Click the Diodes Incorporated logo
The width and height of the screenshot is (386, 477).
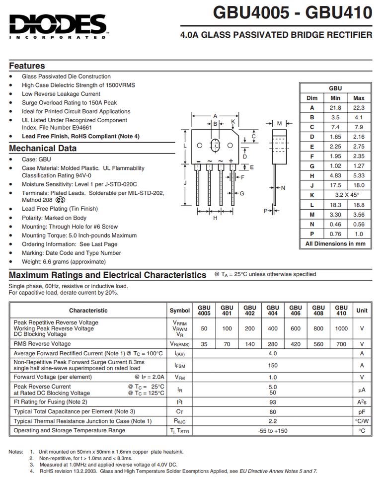(x=58, y=25)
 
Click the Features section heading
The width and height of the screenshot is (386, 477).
(x=27, y=66)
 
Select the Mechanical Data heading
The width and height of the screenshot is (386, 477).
(x=43, y=148)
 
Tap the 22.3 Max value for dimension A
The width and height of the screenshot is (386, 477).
(x=359, y=108)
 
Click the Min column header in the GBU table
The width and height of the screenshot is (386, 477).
(x=335, y=98)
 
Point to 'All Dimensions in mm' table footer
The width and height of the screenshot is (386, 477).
(x=335, y=243)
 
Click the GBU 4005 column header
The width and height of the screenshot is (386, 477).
(x=204, y=311)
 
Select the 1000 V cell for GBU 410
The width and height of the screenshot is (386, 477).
(x=341, y=328)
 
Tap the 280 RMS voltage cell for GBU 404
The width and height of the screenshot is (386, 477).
(x=273, y=344)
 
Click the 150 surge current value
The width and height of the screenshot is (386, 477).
(x=273, y=365)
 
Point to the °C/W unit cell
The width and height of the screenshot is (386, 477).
(x=362, y=421)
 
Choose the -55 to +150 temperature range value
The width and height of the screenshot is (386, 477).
(x=273, y=430)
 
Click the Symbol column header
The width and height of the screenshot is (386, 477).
(x=180, y=311)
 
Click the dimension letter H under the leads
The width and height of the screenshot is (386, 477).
(x=215, y=218)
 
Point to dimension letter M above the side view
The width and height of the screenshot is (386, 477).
(x=280, y=123)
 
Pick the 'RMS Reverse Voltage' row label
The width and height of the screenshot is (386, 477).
(x=42, y=344)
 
